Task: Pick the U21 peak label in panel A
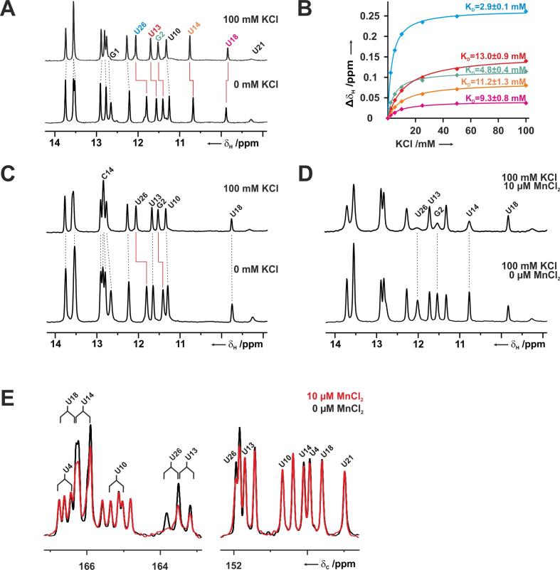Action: click(261, 51)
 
